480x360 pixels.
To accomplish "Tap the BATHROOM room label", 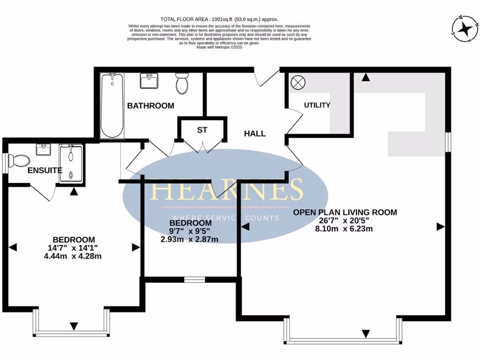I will (150, 106).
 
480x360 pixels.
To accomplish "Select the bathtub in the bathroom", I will (112, 105).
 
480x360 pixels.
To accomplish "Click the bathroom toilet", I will (181, 84).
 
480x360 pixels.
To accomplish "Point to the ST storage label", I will (202, 130).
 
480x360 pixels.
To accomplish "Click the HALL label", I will (255, 134).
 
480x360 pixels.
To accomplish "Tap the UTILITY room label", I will (317, 105).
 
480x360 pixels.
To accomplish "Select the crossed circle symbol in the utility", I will (298, 83).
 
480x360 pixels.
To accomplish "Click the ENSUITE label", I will (45, 170).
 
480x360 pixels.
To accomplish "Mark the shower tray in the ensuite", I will (71, 163).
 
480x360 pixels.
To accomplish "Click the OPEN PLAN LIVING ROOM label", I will (345, 212).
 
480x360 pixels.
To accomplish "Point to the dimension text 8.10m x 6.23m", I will (345, 229).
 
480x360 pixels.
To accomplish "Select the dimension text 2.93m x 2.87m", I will (190, 240).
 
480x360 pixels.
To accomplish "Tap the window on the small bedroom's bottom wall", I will (192, 280).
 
